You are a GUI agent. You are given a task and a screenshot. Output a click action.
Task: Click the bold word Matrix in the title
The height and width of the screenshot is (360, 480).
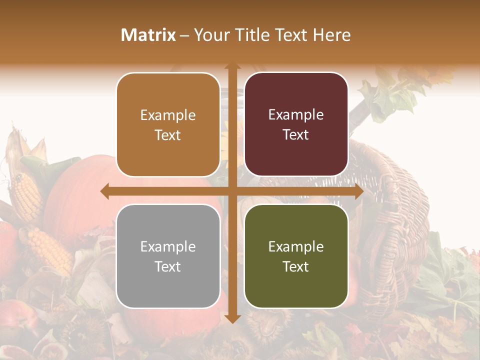148,35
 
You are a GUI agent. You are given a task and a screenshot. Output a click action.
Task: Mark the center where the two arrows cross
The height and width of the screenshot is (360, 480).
232,191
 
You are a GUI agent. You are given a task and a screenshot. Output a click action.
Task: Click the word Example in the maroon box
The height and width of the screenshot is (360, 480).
296,115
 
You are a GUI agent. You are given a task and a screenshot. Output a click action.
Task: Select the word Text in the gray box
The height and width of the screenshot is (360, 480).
168,266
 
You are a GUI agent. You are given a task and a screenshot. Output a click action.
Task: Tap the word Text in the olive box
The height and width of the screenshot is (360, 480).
296,266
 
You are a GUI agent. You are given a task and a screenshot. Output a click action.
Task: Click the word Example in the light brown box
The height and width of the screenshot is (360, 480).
168,115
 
